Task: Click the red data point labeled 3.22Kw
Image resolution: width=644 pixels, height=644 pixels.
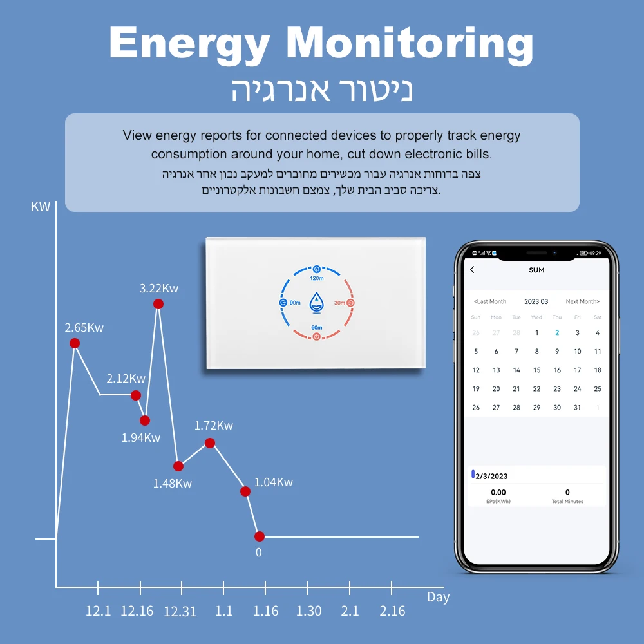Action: coord(158,304)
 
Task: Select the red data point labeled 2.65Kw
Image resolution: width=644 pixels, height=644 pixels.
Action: coord(75,343)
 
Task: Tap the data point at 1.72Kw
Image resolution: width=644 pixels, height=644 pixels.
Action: coord(210,442)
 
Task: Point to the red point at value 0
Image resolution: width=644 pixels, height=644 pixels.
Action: coord(260,536)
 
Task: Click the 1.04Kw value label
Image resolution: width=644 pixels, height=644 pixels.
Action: coord(273,482)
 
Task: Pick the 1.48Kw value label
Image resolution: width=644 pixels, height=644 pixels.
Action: coord(172,483)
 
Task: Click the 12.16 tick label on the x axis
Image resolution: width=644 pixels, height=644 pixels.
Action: coord(137,611)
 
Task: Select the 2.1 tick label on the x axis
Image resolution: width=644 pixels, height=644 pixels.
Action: coord(350,611)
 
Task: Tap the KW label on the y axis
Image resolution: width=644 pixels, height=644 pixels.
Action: coord(40,207)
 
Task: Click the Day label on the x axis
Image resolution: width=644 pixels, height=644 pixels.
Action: coord(438,597)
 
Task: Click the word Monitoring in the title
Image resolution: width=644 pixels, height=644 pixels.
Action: coord(410,44)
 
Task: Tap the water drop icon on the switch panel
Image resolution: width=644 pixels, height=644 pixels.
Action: coord(316,302)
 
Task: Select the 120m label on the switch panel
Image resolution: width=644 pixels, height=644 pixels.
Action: coord(316,278)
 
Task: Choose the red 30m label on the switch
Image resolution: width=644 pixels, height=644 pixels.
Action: coord(339,303)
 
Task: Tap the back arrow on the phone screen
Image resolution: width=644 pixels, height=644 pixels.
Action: coord(472,270)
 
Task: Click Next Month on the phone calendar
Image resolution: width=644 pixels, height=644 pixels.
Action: coord(582,301)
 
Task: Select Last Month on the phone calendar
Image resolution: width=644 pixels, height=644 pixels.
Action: coord(490,301)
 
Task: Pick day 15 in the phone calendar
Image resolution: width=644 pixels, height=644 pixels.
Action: coord(536,370)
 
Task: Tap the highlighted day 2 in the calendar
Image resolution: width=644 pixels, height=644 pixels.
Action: coord(557,333)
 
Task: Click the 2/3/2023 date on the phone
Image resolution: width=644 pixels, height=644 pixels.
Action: coord(491,477)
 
